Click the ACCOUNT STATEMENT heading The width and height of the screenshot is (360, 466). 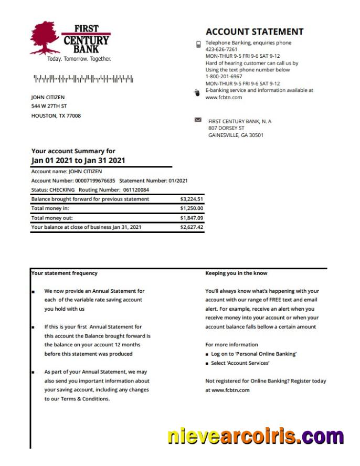[255, 31]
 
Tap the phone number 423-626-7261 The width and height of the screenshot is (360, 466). [221, 49]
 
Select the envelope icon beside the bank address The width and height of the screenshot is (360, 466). [198, 120]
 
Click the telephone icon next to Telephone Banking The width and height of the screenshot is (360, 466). [198, 44]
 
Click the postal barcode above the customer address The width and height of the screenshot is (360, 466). [83, 79]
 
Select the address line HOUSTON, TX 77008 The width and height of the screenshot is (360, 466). [56, 116]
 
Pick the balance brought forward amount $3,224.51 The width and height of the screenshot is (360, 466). [192, 199]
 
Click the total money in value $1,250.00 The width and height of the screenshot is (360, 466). [192, 208]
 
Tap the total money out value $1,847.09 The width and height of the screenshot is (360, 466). [192, 218]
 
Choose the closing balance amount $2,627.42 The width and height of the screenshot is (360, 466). [192, 227]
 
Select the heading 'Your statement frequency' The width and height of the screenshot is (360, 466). [64, 273]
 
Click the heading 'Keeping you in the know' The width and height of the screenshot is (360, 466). [236, 273]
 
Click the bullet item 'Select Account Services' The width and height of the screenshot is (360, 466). [240, 363]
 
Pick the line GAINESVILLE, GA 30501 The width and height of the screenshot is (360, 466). [236, 135]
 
